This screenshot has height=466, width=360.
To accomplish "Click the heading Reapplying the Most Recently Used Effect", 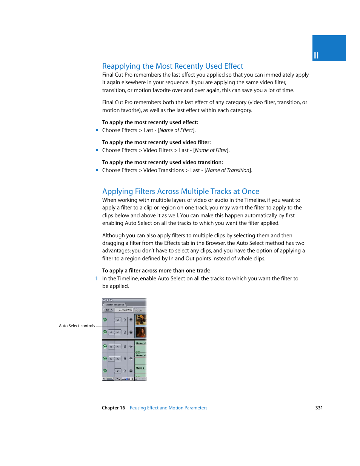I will (172, 66).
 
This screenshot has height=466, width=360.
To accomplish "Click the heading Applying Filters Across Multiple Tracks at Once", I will (180, 191).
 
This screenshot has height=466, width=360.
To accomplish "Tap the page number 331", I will (319, 408).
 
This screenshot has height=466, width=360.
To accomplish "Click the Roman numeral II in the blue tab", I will (316, 55).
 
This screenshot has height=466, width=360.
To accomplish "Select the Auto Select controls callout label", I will (77, 326).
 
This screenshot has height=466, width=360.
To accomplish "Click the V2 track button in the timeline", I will (118, 320).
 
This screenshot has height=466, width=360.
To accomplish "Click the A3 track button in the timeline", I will (118, 371).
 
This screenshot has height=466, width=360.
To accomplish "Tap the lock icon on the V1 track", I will (125, 332).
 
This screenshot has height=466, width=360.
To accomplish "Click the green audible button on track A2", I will (105, 358).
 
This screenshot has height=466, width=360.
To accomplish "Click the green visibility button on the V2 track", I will (105, 320).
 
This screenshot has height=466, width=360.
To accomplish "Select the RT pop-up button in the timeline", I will (108, 310).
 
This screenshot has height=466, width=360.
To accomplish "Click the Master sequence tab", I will (115, 305).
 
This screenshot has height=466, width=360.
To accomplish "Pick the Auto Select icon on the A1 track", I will (131, 346).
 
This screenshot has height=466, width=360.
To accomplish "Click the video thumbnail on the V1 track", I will (140, 332).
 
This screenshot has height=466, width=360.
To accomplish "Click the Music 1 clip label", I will (140, 368).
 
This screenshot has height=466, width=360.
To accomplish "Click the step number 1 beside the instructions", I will (97, 278).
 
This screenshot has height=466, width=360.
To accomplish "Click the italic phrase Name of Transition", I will (228, 170).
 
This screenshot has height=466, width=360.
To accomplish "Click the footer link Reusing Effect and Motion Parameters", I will (168, 408).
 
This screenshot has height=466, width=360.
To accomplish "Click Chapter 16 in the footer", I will (113, 408).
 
